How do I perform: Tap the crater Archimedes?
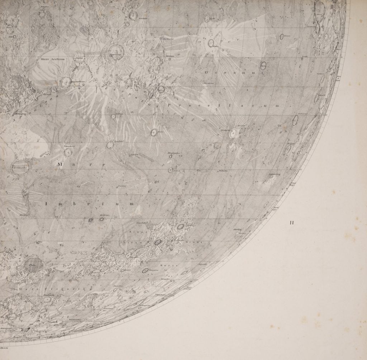[20, 167]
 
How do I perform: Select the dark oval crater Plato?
[35, 264]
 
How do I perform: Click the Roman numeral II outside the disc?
[292, 223]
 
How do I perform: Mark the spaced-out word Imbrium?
[90, 204]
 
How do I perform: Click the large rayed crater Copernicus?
[116, 52]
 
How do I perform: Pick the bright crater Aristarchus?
[233, 133]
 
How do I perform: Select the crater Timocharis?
[67, 153]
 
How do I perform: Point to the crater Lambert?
[110, 145]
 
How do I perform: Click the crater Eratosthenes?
[65, 82]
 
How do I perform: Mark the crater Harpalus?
[145, 271]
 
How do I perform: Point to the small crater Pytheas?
[113, 117]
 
